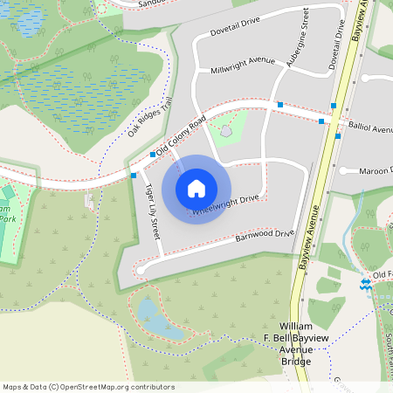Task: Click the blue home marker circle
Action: (x=196, y=188)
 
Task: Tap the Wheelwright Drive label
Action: (x=225, y=205)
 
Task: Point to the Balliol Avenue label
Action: (x=370, y=128)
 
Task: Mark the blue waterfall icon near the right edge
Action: (x=365, y=284)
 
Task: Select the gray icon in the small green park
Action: (x=226, y=132)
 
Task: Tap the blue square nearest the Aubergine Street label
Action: (x=279, y=105)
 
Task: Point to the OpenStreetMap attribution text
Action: (x=88, y=387)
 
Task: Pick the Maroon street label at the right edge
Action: (x=376, y=170)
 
